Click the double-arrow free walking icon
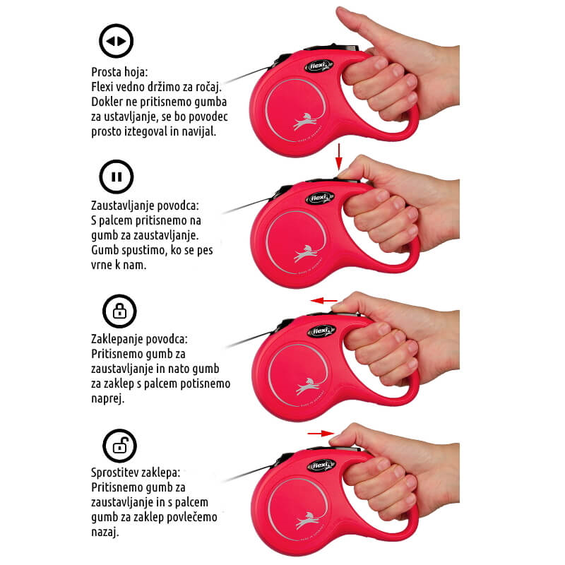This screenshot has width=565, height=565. (x=116, y=41)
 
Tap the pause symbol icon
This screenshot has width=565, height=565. (x=117, y=177)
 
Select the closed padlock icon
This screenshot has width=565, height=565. (x=119, y=311)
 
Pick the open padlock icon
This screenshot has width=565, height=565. (x=119, y=446)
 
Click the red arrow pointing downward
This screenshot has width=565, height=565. (x=338, y=156)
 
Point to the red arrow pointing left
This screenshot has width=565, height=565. (x=324, y=301)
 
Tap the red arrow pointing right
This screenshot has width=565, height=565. (x=321, y=433)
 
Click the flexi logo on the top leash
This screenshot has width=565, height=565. (x=319, y=66)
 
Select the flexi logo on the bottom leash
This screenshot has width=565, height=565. (x=321, y=465)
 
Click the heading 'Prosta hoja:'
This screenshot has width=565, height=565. (x=119, y=72)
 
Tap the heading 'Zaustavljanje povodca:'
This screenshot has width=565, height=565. (x=145, y=206)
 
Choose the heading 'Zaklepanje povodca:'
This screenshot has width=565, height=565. (x=139, y=339)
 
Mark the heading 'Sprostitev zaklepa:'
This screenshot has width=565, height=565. (x=135, y=472)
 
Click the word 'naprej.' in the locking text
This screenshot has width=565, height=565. (x=108, y=399)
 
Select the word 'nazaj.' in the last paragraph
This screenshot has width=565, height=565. (x=105, y=532)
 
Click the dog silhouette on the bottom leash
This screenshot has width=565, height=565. (x=308, y=521)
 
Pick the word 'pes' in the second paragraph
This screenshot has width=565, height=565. (x=205, y=251)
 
